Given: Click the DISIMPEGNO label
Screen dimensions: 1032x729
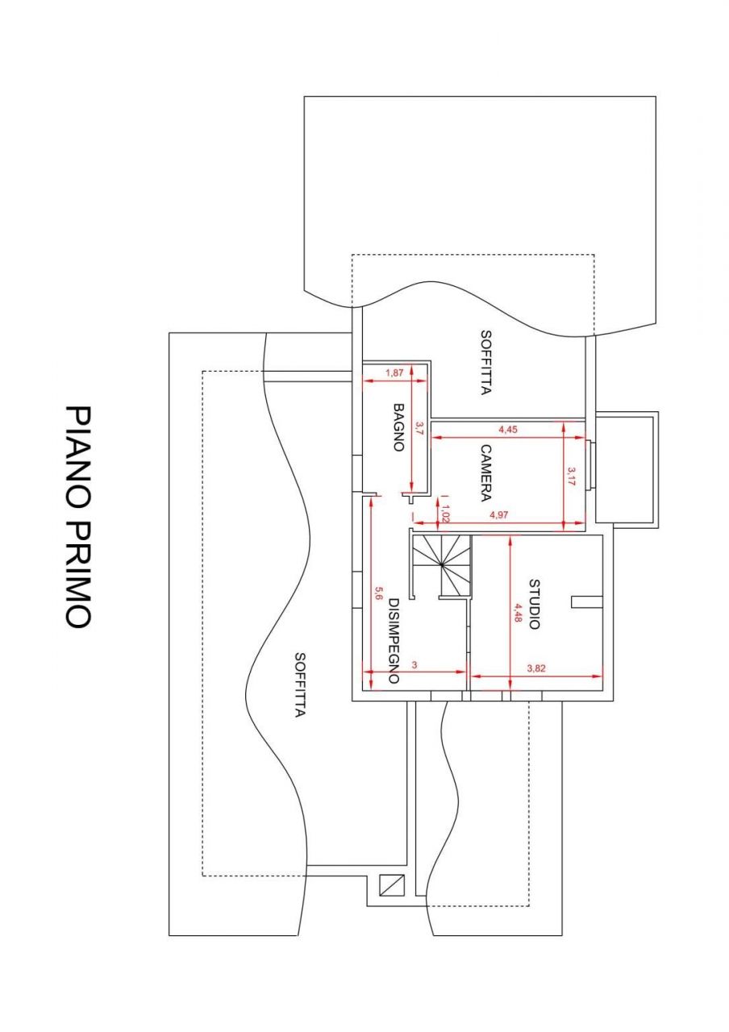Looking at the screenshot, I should (x=394, y=641).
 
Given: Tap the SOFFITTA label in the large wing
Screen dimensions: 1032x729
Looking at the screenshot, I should (x=299, y=685).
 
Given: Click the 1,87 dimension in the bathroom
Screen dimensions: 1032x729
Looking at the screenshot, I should (x=394, y=372).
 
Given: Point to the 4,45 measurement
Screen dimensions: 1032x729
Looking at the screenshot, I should (x=508, y=431).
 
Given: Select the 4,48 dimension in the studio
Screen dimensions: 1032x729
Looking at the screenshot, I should (x=518, y=614).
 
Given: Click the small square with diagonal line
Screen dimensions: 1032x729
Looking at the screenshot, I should (x=391, y=886).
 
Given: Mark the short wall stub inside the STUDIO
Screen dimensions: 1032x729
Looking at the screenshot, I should (x=586, y=601).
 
